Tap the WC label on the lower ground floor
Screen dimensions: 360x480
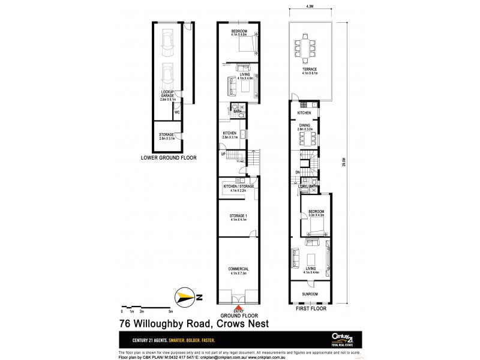[x=177, y=112]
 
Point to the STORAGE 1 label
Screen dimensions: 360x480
[x=239, y=217]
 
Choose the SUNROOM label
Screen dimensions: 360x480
[x=310, y=294]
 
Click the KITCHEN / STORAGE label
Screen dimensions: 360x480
[x=239, y=187]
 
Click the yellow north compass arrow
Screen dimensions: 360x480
[x=184, y=296]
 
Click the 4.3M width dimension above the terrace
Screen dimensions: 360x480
[x=310, y=8]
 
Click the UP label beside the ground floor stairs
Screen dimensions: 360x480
[x=223, y=155]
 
